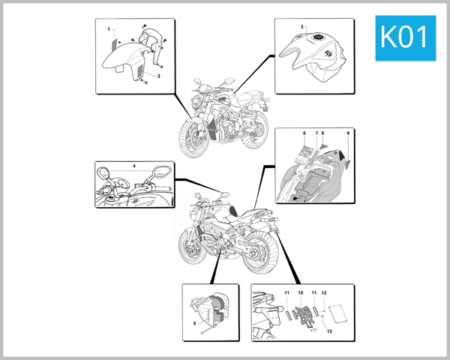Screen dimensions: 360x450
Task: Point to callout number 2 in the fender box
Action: coord(159,76)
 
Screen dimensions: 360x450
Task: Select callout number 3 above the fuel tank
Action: coord(302,27)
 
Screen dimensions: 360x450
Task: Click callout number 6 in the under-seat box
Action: coord(304,133)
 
